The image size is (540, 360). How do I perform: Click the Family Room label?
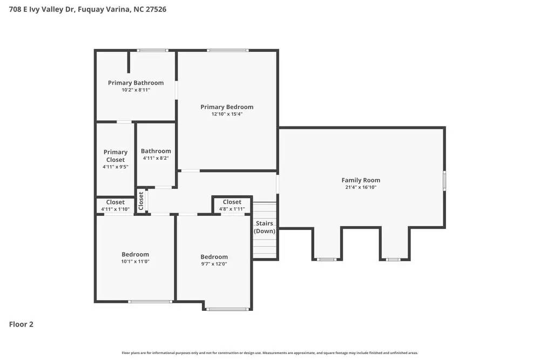pos(361,180)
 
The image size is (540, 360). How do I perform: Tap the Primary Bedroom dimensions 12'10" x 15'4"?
pos(227,114)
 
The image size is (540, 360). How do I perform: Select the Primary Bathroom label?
pos(136,83)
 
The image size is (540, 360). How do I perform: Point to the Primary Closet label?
pos(116,156)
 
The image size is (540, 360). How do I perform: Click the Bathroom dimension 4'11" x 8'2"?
pos(156,159)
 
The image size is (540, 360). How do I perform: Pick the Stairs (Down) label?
pos(265,227)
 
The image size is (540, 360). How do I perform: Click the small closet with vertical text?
pos(141,201)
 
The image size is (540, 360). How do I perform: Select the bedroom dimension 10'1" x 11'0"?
pos(135,261)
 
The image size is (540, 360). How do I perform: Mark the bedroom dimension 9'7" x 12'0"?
pos(214,264)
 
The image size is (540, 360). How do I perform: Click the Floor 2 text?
pos(21,324)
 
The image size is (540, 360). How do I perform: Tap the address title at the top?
pos(84,9)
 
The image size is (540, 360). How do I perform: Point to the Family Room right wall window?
pos(444,180)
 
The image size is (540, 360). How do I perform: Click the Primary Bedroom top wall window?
pos(228,51)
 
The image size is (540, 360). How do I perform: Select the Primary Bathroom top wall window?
pos(152,51)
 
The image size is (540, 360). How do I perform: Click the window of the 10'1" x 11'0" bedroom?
pos(150,301)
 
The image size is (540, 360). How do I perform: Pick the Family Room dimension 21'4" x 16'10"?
pos(361,188)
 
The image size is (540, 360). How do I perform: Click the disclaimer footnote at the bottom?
pos(270,352)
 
